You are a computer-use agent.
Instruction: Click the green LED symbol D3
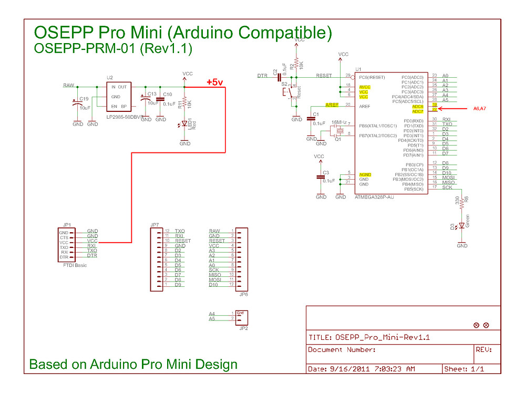coord(462,225)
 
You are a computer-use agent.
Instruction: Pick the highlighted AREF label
coord(332,105)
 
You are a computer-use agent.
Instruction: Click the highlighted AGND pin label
coord(365,174)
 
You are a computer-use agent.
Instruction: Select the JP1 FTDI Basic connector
coord(65,244)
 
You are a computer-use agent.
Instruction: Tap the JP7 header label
coord(155,225)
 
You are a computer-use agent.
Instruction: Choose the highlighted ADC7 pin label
coord(417,111)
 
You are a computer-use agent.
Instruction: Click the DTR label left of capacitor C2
coord(263,76)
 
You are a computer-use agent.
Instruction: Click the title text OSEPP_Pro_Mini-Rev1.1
coord(382,337)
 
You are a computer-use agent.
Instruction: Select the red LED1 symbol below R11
coord(184,125)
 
